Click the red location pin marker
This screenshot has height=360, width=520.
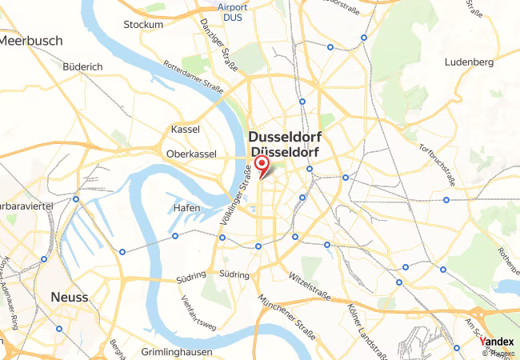(262, 166)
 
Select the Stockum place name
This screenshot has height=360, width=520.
(143, 25)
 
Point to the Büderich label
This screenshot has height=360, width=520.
(82, 67)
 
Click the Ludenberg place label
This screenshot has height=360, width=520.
(470, 62)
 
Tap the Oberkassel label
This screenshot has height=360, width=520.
(192, 154)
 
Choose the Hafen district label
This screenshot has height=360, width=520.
(186, 208)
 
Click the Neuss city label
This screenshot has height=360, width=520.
(69, 297)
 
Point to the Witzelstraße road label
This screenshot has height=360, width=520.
(310, 278)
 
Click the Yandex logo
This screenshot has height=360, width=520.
(498, 342)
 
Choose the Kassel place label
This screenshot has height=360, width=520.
(186, 130)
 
